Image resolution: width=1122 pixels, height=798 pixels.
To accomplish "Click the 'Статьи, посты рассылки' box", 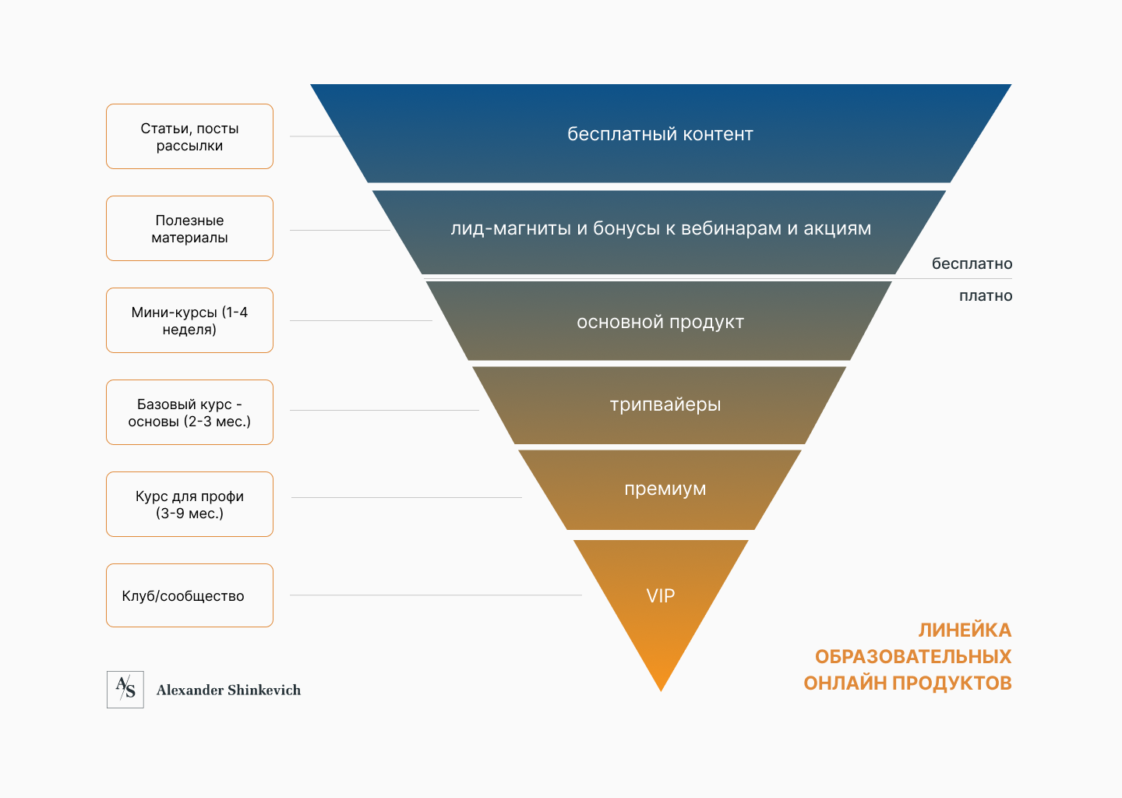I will point(189,136).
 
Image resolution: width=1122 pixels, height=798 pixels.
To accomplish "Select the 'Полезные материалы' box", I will point(189,228).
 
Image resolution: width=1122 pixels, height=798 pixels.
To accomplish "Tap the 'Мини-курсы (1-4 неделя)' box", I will point(189,320).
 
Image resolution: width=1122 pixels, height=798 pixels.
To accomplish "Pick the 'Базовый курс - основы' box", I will point(189,412).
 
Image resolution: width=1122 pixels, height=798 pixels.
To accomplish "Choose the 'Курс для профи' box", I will point(189,504).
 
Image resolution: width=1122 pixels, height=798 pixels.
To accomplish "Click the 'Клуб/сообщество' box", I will point(189,595).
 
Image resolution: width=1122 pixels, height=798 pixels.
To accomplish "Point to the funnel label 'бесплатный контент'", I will point(660,134).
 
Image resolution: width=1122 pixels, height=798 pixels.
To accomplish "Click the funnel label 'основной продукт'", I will point(660,322).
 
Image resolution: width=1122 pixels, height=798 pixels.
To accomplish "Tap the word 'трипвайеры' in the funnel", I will point(665,404).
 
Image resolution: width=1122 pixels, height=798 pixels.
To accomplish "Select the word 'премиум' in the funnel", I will point(665,489).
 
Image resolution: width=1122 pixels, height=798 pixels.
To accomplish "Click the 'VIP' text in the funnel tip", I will point(661,596).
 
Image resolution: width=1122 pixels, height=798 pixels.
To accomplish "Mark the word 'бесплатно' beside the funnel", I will point(972,264).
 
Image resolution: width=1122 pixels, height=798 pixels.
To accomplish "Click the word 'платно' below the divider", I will point(986,296).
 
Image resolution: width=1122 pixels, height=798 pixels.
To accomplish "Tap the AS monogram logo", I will point(125,690).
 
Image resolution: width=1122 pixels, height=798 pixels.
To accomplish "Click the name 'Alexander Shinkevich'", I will point(228,690).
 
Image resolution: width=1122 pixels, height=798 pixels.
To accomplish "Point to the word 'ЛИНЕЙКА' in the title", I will point(965,630).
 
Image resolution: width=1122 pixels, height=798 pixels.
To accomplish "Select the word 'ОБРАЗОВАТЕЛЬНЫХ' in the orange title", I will point(913,656).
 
